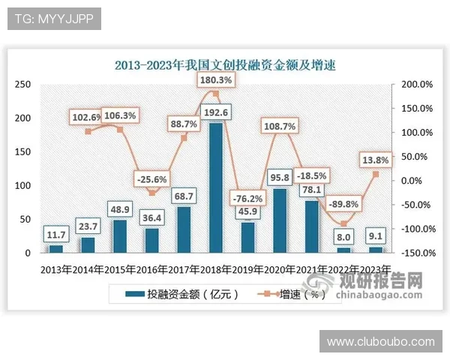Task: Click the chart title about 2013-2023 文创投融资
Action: pos(224,65)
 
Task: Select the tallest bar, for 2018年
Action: pos(215,187)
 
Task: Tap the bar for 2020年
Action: pos(280,220)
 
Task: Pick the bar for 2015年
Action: pos(119,236)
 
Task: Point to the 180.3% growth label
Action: pos(215,79)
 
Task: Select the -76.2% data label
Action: pos(248,199)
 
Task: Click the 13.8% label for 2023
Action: pos(375,160)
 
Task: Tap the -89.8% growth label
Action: pos(343,204)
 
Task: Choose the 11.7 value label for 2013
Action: pos(55,235)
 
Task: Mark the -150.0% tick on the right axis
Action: pos(415,253)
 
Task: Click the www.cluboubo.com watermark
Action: pos(381,341)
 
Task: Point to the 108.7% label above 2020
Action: pos(280,127)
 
